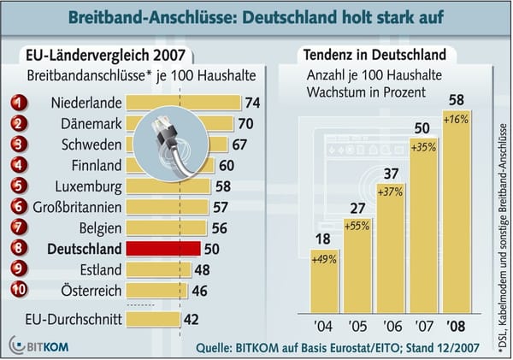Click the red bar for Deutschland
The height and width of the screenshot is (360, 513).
pos(162,249)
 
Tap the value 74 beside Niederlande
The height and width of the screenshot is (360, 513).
pos(251,103)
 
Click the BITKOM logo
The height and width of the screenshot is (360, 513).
pos(38,345)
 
